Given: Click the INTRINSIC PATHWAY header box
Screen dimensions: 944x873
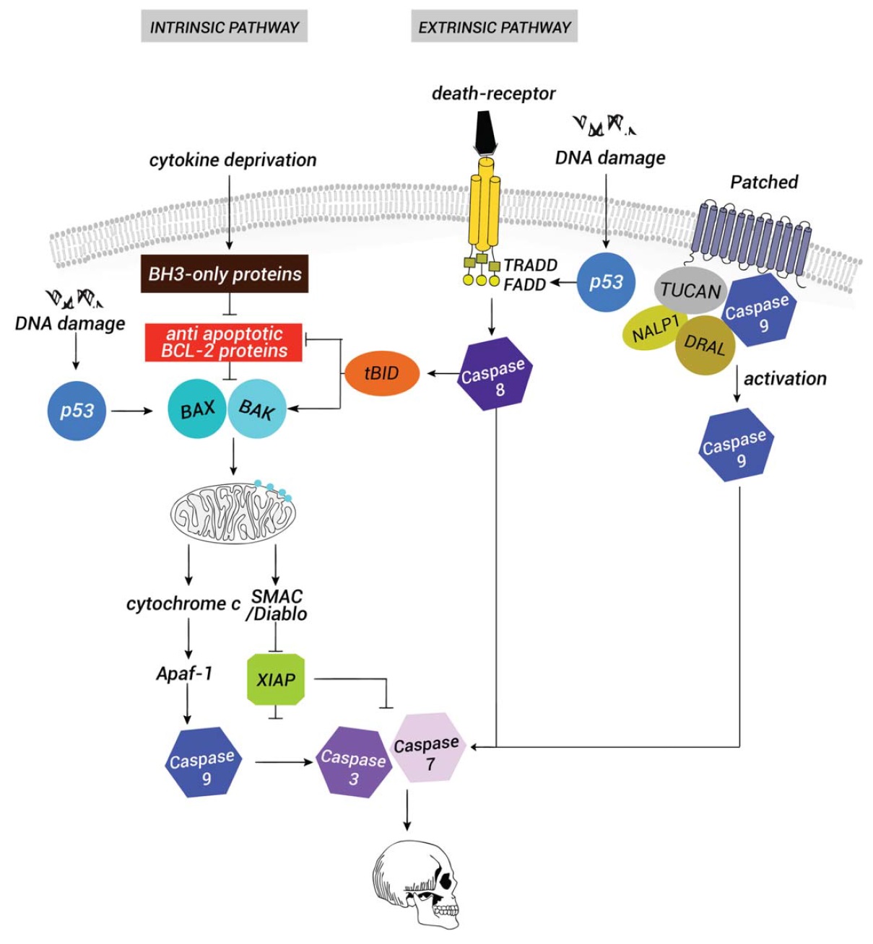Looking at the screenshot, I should click(x=224, y=27).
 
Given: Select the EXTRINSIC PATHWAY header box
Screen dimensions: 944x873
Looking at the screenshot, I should click(x=495, y=27).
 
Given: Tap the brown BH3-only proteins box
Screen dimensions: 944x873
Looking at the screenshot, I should click(x=225, y=274).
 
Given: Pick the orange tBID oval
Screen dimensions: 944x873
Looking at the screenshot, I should click(x=382, y=373).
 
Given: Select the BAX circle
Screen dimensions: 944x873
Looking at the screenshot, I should click(x=196, y=409).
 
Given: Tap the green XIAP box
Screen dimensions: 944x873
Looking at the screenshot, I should click(x=276, y=679).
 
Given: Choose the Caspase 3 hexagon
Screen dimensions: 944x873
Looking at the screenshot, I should click(x=354, y=762).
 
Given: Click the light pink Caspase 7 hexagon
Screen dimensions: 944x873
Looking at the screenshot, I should click(x=427, y=747).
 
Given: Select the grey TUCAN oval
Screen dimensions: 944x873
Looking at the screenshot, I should click(x=690, y=292).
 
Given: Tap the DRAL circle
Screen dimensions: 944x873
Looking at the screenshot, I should click(x=705, y=345).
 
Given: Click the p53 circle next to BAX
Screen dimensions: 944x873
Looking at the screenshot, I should click(x=77, y=410).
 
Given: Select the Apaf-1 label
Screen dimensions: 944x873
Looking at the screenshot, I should click(x=185, y=673).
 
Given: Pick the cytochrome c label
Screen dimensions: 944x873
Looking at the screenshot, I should click(x=183, y=603).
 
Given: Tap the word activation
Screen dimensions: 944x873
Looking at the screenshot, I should click(x=785, y=378).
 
